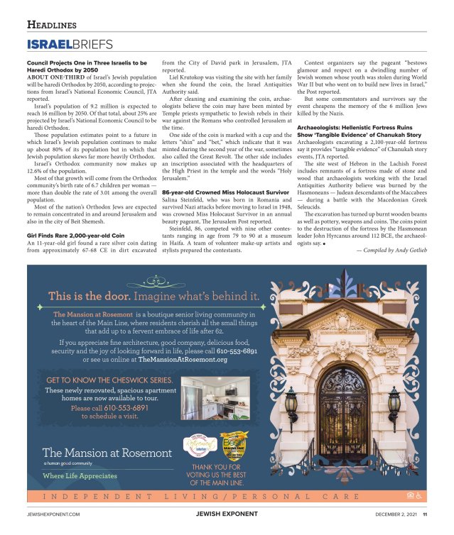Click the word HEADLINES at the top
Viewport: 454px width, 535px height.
52,25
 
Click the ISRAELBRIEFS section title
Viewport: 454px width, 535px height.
70,45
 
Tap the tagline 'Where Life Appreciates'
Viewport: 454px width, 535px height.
80,475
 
